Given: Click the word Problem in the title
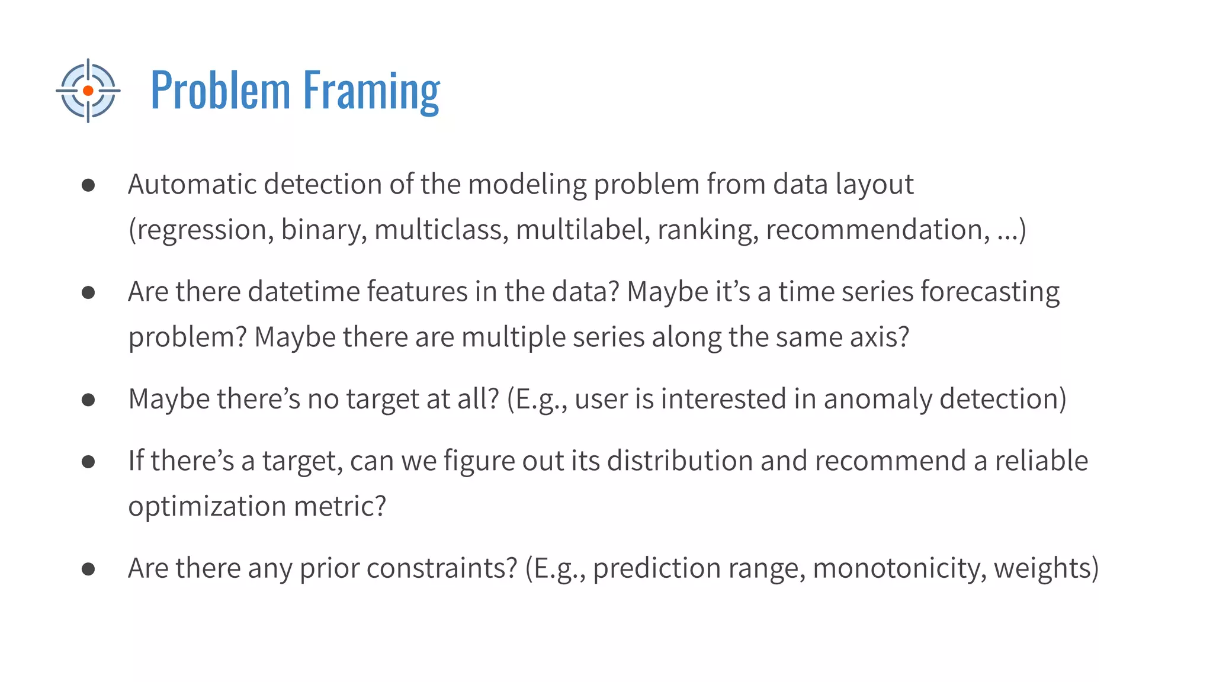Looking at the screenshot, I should [x=220, y=91].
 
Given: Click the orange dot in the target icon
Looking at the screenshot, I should [x=88, y=91].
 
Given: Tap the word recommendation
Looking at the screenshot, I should [x=877, y=230].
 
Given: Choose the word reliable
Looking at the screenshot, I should [x=1041, y=461].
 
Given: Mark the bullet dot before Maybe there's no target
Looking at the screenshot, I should [x=88, y=400].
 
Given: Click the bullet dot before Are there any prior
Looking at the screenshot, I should [x=88, y=569].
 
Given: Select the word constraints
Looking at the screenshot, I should [x=442, y=568].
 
